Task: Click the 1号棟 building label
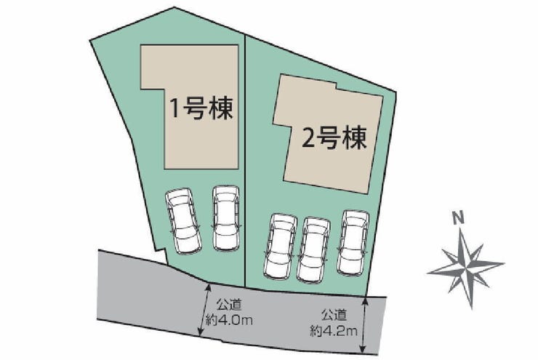click(x=201, y=108)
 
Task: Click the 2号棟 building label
click(x=334, y=138)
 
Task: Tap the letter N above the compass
click(x=457, y=217)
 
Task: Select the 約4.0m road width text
click(x=229, y=321)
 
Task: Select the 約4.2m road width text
click(x=334, y=331)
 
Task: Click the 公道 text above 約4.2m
click(x=334, y=314)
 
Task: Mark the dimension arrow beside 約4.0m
click(x=204, y=310)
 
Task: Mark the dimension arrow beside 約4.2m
click(x=364, y=325)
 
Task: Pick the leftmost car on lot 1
click(x=182, y=220)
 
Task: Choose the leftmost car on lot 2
click(x=280, y=246)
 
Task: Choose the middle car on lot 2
click(x=313, y=249)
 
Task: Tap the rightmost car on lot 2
click(x=353, y=242)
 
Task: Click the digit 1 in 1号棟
click(x=174, y=108)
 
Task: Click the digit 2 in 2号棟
click(x=308, y=138)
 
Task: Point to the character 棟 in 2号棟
click(x=355, y=138)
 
